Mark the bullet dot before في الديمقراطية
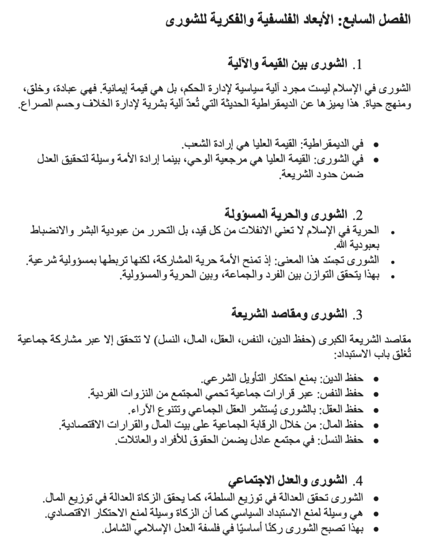pos(376,145)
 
